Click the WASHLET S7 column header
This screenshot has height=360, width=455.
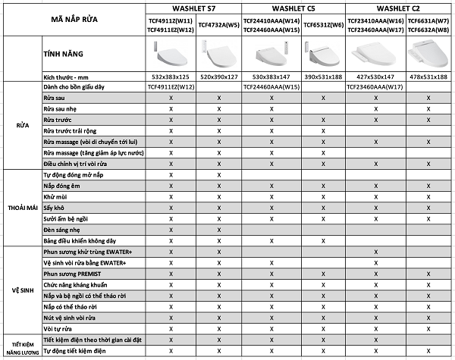point(195,8)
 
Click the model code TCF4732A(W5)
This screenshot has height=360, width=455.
point(218,24)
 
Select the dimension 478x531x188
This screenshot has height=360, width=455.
point(428,78)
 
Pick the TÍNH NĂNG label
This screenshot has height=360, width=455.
point(64,55)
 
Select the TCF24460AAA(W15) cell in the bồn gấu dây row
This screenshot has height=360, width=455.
point(271,87)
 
